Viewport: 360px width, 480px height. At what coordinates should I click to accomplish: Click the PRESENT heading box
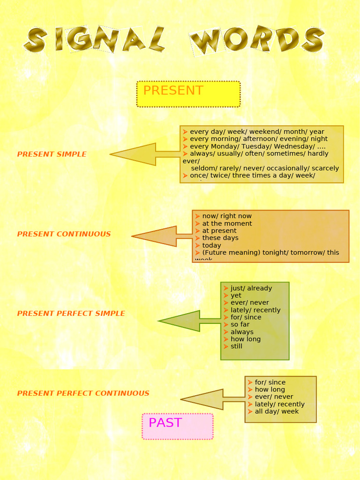[188, 94]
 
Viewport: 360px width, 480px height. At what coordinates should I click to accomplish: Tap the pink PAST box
[178, 426]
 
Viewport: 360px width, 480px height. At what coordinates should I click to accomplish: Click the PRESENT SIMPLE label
[52, 154]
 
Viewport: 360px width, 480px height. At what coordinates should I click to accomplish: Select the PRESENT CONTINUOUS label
[64, 234]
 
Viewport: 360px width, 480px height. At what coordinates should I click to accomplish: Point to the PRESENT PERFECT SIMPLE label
[71, 313]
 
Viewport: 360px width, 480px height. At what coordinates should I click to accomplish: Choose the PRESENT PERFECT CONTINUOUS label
[83, 393]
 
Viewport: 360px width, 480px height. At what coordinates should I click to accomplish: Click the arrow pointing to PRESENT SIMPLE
[141, 154]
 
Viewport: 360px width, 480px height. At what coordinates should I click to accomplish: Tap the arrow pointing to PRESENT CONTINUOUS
[159, 236]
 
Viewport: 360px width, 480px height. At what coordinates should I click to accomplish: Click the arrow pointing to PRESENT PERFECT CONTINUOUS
[206, 400]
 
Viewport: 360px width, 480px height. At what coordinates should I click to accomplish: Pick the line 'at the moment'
[227, 224]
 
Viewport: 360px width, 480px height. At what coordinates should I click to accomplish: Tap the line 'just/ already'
[251, 288]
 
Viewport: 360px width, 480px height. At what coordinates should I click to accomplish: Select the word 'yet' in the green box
[236, 296]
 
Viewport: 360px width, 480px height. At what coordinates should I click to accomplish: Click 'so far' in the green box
[240, 324]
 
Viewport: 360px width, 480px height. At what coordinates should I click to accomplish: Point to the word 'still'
[236, 346]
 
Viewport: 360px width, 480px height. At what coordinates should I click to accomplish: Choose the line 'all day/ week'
[277, 412]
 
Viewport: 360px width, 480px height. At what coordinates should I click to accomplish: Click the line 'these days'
[220, 238]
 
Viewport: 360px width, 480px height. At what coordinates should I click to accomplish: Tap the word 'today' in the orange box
[211, 245]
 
